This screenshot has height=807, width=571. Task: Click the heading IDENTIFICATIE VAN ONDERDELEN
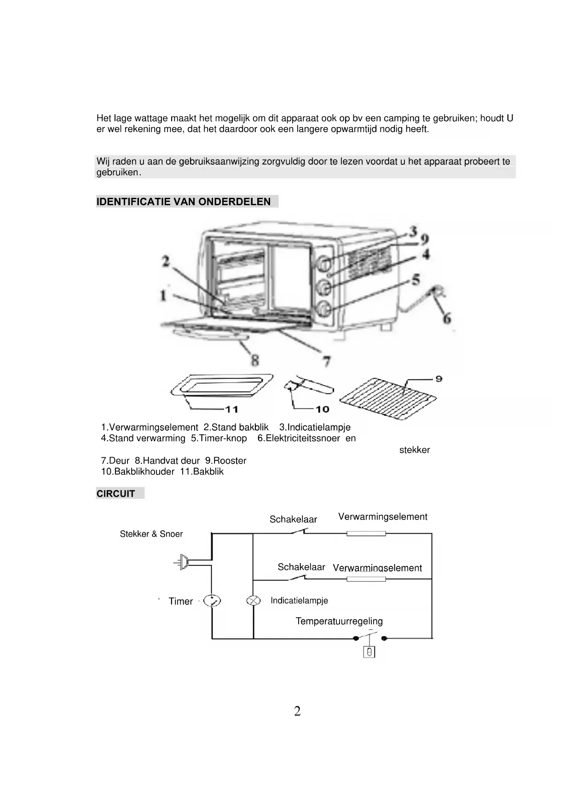(184, 202)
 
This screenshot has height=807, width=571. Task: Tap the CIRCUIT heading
(115, 494)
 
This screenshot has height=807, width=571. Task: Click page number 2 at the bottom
(297, 711)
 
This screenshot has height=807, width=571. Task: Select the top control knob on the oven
(323, 264)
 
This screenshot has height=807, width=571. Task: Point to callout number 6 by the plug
(446, 318)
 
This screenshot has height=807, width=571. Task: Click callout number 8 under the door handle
(254, 360)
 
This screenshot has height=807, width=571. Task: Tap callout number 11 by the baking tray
(231, 409)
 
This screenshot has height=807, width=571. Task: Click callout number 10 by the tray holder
(322, 409)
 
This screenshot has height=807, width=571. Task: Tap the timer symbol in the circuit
(212, 601)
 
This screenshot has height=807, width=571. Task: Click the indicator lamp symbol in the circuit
(254, 601)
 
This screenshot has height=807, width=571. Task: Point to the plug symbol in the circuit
(183, 562)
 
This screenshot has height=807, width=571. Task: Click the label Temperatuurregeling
(339, 621)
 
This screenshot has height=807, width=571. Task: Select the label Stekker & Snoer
(151, 534)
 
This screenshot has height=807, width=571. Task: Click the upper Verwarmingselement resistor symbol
(366, 534)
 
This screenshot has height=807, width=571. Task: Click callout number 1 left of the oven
(163, 295)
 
